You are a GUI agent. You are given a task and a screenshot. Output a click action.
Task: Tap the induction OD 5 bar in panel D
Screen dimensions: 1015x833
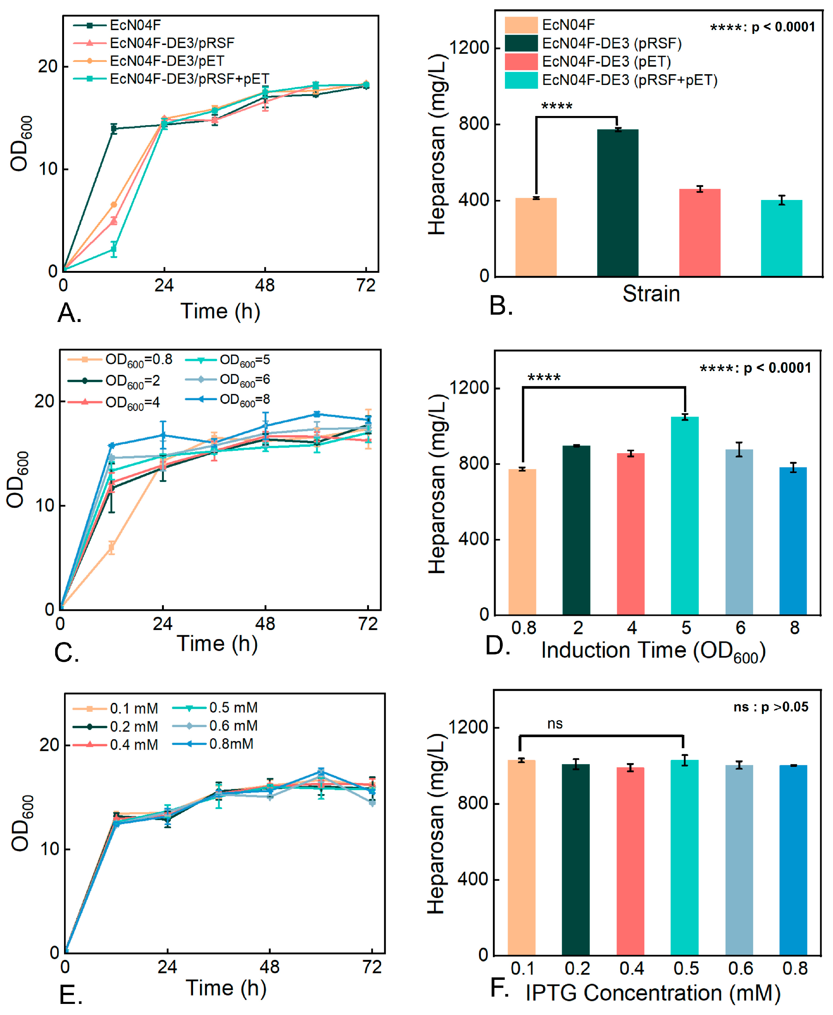tap(685, 515)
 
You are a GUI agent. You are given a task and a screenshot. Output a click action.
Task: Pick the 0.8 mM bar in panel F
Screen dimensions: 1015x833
tap(793, 859)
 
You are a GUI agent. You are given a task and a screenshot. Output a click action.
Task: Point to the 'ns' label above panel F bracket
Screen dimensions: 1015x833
tap(555, 724)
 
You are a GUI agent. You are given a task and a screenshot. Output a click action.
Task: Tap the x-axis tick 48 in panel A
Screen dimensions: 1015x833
tap(265, 286)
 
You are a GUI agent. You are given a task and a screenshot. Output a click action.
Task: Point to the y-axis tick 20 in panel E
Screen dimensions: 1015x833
tap(49, 745)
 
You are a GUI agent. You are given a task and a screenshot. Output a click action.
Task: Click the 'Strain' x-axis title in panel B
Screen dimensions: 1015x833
tap(651, 293)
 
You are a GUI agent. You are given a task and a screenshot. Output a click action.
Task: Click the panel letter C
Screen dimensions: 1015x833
tap(66, 653)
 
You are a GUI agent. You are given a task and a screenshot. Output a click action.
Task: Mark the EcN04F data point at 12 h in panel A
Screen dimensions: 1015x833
tap(114, 129)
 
